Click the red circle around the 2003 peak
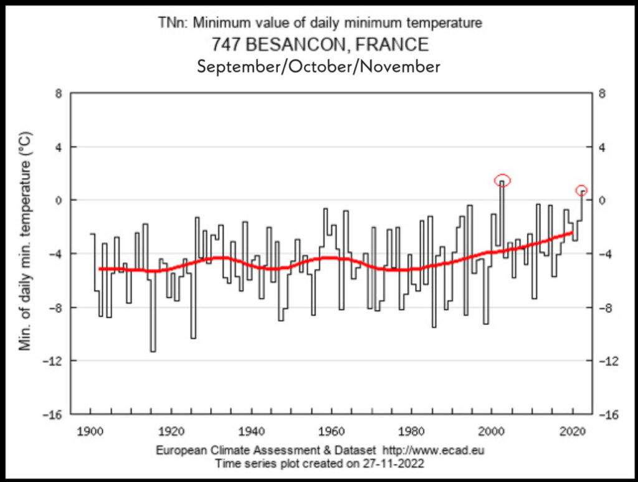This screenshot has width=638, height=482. (x=503, y=180)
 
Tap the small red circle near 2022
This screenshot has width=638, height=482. (x=581, y=190)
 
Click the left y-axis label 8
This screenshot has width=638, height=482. (x=59, y=94)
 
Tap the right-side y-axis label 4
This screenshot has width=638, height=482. (x=602, y=147)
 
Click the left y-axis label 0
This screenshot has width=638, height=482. (x=59, y=201)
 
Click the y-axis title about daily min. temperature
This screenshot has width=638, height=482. (x=26, y=240)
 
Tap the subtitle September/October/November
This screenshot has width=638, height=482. (x=318, y=66)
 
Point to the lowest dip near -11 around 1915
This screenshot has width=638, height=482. (x=153, y=351)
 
